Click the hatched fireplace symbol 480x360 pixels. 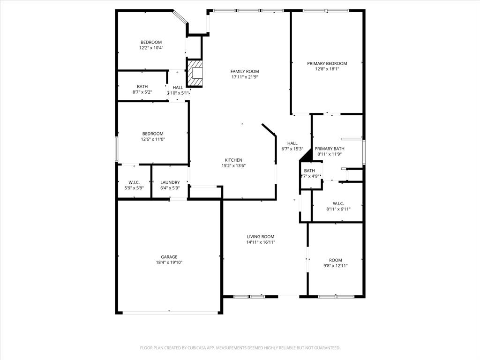(195, 73)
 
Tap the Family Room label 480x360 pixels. (244, 71)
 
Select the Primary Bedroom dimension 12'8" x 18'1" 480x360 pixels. (327, 69)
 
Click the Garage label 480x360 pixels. (169, 257)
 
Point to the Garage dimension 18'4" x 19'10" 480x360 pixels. (169, 262)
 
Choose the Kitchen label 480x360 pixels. (233, 160)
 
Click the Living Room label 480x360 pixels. (261, 237)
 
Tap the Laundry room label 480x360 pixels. (170, 182)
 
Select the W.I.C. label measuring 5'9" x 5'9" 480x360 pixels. (134, 182)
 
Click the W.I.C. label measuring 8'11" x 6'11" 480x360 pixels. (338, 203)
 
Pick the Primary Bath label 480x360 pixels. (329, 149)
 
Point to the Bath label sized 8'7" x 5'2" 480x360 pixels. (142, 87)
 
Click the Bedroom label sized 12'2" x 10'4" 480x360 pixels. (151, 42)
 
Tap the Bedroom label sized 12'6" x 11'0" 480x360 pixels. (153, 134)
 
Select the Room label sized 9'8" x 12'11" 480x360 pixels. (335, 260)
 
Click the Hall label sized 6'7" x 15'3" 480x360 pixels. (292, 143)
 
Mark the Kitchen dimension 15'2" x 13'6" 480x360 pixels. (233, 165)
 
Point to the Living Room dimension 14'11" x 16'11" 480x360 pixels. (261, 242)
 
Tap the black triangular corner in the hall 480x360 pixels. (307, 155)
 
